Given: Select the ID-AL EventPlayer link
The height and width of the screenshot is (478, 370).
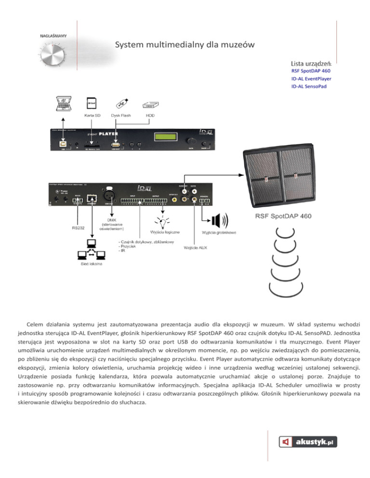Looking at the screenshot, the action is pyautogui.click(x=311, y=79).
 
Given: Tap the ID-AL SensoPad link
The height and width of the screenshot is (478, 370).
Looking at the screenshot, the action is pyautogui.click(x=308, y=87).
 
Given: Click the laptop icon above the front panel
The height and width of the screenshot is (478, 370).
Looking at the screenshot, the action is pyautogui.click(x=64, y=105).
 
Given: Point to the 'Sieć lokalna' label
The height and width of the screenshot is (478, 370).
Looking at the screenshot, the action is pyautogui.click(x=89, y=264).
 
